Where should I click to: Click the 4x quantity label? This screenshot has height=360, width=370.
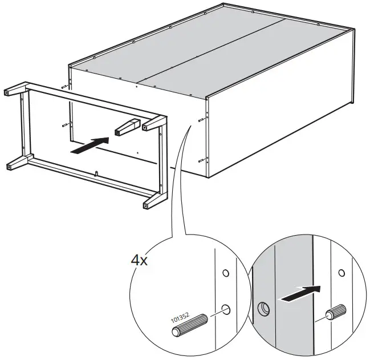140,261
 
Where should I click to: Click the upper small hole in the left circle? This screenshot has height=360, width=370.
226,273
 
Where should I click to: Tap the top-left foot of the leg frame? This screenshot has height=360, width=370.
10,92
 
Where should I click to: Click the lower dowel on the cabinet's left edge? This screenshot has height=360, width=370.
64,126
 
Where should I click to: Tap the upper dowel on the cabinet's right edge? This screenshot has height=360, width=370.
201,120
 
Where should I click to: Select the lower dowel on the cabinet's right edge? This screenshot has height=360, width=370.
201,160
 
